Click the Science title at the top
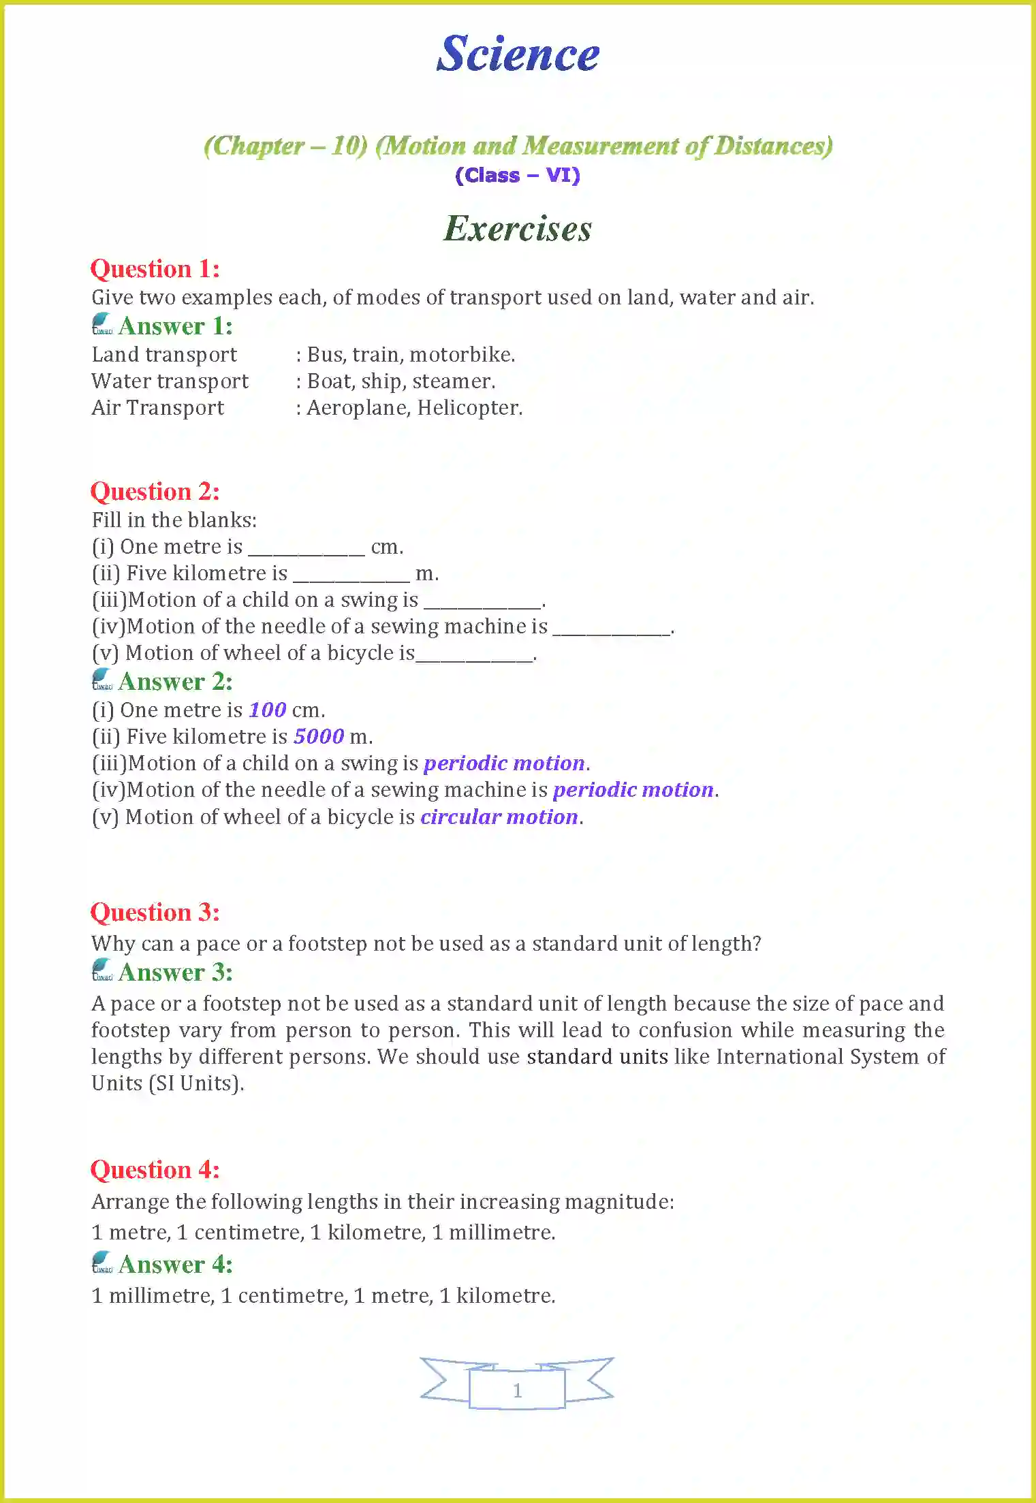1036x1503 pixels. (x=517, y=54)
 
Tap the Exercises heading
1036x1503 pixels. (x=517, y=228)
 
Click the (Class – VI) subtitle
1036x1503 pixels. (x=517, y=175)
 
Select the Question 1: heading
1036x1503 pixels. (x=155, y=268)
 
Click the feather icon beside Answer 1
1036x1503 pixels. (x=102, y=324)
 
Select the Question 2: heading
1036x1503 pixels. (x=155, y=491)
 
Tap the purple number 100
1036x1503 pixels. (x=267, y=710)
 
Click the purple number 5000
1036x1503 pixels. (x=319, y=737)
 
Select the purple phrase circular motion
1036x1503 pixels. (x=499, y=817)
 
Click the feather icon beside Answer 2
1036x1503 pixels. (x=102, y=680)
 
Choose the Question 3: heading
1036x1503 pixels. (x=155, y=912)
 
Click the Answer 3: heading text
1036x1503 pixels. (x=176, y=972)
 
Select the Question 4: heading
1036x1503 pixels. (x=155, y=1169)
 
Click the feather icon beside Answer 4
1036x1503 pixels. (x=102, y=1263)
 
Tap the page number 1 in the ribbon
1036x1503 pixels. (x=517, y=1390)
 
